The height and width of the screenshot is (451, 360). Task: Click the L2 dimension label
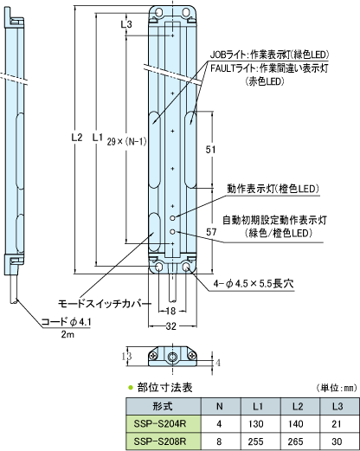coord(77,138)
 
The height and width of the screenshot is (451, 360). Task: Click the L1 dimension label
coord(98,138)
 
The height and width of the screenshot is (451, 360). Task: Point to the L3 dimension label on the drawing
coord(126,24)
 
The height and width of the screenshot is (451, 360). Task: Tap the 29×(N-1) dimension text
coord(126,141)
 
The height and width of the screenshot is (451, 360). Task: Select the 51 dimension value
coord(210,150)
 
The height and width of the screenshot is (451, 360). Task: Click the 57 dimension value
coord(211,232)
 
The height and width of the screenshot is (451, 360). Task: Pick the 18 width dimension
coord(171,311)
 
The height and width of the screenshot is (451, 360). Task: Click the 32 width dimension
coord(171,326)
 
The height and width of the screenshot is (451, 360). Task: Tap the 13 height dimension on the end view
coord(126,356)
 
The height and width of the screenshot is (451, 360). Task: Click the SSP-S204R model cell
coord(164,424)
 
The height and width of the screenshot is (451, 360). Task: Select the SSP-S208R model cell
coord(164,441)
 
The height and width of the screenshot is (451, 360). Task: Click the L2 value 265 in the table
coord(296,441)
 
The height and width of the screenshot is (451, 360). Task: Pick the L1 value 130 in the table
coord(256,424)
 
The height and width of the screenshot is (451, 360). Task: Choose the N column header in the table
coord(220,407)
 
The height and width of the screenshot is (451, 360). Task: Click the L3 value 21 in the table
coord(337,424)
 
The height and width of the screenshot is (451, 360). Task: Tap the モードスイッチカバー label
coord(105,304)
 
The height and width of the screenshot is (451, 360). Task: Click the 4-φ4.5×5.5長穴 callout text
coord(254,284)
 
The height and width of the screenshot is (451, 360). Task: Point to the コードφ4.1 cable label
coord(67,322)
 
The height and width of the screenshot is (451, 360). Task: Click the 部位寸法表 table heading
coord(164,388)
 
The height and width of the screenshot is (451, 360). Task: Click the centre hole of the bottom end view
coord(172,358)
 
